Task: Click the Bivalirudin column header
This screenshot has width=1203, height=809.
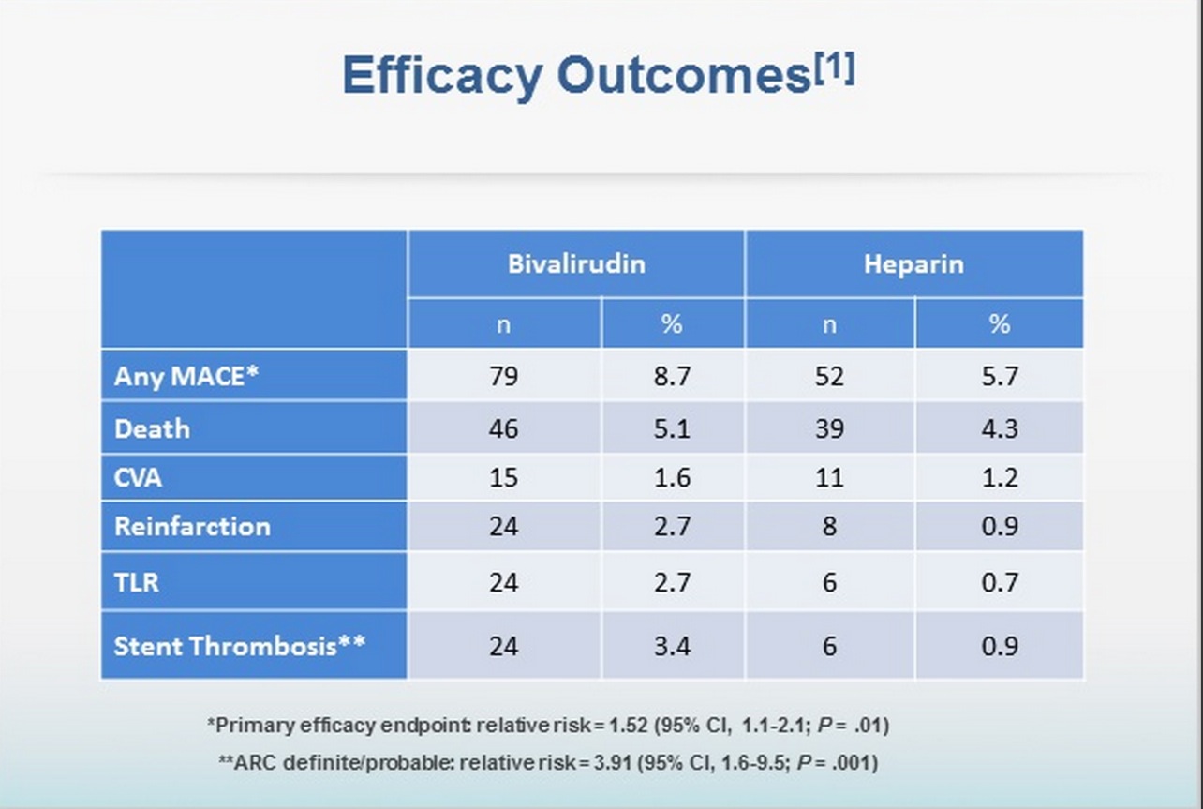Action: (576, 263)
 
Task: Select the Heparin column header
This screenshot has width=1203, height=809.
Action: (913, 263)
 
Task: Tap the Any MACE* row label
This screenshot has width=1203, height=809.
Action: (186, 376)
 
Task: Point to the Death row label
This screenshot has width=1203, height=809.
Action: (152, 428)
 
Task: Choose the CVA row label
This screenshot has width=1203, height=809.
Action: (138, 477)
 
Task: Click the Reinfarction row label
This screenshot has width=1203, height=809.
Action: (192, 526)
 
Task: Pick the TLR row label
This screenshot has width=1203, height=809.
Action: (137, 582)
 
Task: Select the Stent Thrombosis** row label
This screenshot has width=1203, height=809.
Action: (239, 645)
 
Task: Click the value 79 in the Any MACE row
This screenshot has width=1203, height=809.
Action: (503, 376)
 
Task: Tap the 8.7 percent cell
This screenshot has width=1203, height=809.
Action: (672, 376)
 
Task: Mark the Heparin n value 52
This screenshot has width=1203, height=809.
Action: (829, 376)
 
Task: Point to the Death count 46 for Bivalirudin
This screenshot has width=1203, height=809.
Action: (503, 428)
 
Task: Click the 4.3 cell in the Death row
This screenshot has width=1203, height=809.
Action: (999, 428)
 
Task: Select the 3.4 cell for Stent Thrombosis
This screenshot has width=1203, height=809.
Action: (672, 645)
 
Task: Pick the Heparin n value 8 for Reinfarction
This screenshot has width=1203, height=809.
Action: (829, 526)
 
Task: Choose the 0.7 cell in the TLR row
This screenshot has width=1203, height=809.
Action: (999, 582)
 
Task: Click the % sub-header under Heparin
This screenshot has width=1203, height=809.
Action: (999, 323)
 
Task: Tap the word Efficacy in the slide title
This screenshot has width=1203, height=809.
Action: (440, 75)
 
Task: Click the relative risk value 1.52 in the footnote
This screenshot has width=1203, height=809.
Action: (628, 725)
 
